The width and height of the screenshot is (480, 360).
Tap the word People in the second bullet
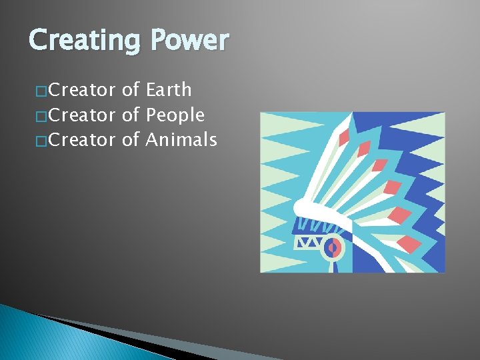coord(175,115)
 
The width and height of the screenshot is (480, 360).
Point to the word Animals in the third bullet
coord(181,140)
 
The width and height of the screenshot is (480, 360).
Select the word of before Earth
coord(131,89)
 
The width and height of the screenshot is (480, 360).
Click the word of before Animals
coord(131,140)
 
